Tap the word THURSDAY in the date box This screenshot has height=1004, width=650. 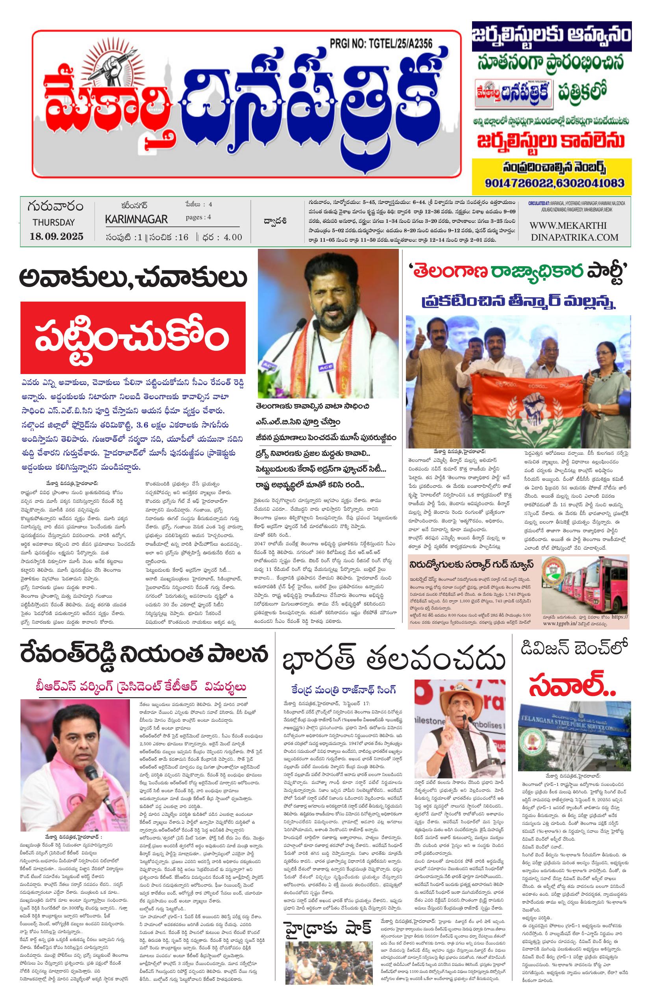coord(53,222)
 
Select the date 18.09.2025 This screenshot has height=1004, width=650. coord(57,235)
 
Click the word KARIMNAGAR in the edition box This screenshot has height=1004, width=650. coord(136,219)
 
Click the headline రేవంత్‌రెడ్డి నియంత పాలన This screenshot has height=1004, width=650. coord(143,655)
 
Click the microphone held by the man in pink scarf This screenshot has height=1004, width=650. coord(91,773)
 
